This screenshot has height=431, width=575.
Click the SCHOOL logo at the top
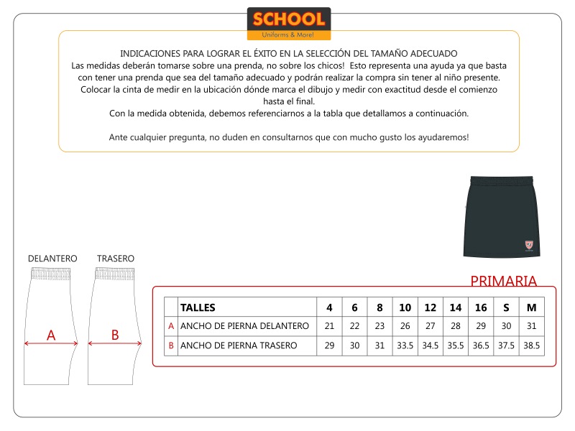click(289, 24)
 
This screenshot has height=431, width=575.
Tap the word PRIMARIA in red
click(503, 281)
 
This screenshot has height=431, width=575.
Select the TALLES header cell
click(198, 307)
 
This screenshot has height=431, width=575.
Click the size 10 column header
click(405, 307)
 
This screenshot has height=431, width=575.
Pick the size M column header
click(532, 307)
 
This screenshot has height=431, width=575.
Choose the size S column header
click(506, 307)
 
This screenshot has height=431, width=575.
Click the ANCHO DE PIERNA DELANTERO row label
click(244, 326)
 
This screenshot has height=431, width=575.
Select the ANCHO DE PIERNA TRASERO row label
click(239, 346)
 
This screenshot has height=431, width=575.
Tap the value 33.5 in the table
click(405, 346)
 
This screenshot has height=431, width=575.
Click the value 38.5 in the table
click(532, 346)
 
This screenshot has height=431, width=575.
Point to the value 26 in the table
click(405, 326)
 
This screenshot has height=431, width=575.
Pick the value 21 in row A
click(329, 326)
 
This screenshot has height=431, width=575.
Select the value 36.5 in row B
click(481, 346)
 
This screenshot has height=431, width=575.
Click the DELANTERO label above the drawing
click(52, 259)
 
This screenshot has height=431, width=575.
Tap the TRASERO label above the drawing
click(116, 259)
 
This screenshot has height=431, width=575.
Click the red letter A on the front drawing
click(51, 335)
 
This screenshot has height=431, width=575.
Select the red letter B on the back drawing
click(115, 335)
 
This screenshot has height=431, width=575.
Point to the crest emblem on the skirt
click(529, 244)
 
